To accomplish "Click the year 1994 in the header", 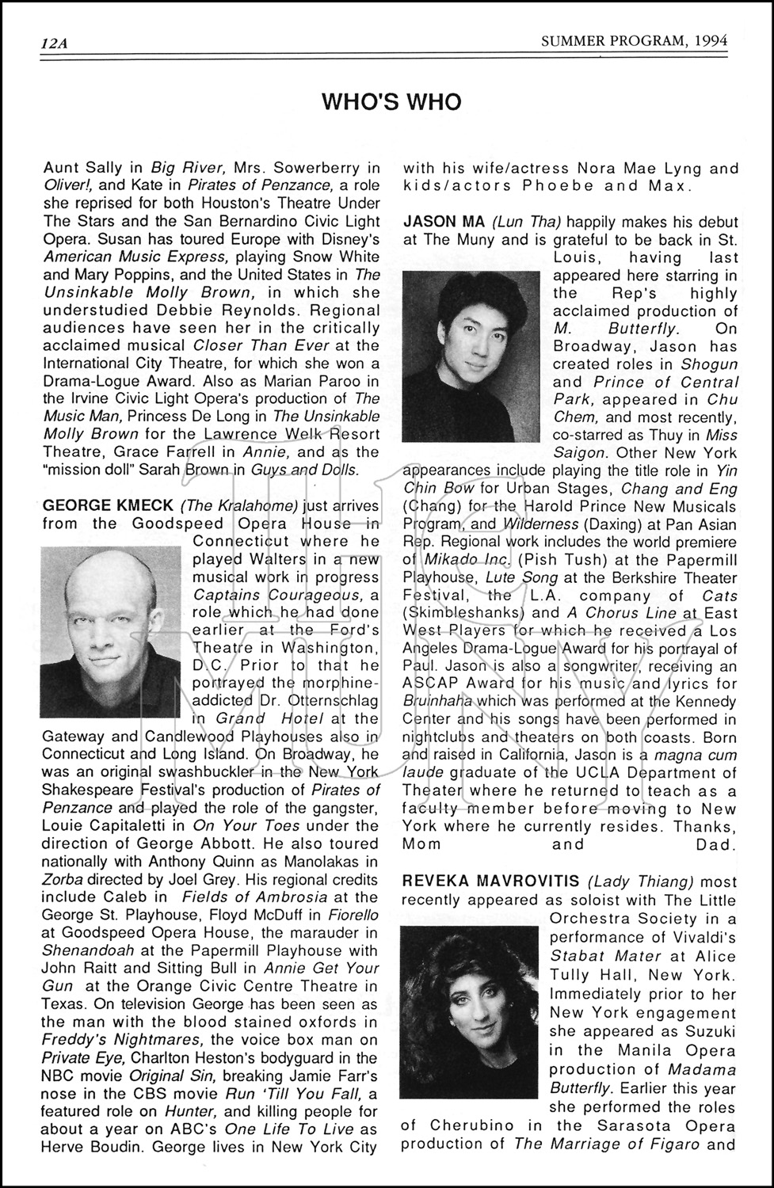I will tap(711, 41).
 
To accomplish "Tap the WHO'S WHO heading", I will tap(391, 102).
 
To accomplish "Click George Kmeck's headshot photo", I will tap(112, 630).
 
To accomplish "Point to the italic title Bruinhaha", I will tap(437, 701).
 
